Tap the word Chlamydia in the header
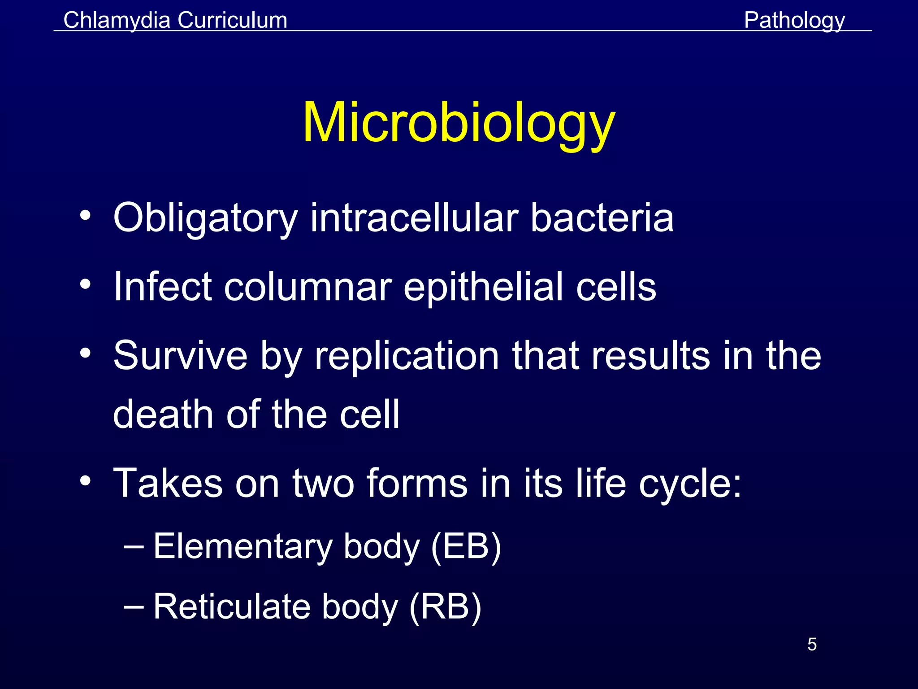coord(117,20)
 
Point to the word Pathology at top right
coord(794,20)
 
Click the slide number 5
coord(812,645)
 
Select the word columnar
coord(308,287)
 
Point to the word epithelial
coord(483,287)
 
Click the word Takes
coord(168,483)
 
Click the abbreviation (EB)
coord(466,547)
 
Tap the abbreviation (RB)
coord(445,606)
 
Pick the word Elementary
coord(242,547)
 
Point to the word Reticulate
coord(232,606)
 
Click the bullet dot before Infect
coord(86,284)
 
